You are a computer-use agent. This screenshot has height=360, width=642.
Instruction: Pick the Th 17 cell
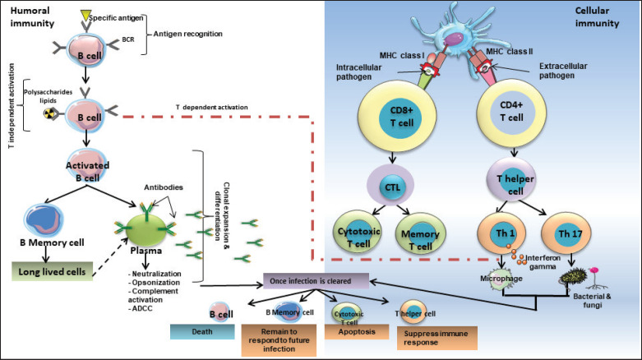562,234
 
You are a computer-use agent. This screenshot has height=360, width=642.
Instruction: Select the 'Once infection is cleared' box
316,280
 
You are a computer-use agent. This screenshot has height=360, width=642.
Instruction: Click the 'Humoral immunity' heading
30,16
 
